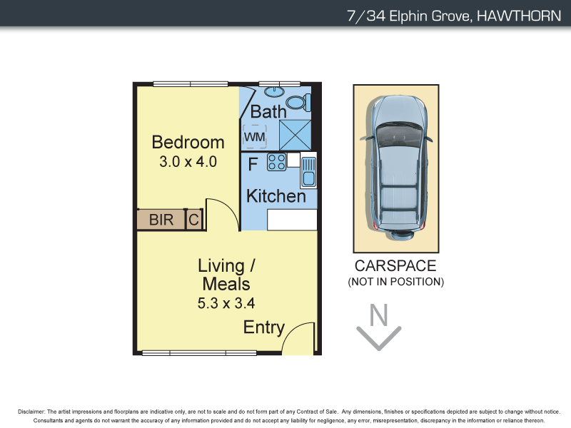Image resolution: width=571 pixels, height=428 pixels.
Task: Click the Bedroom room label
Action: coord(188,142)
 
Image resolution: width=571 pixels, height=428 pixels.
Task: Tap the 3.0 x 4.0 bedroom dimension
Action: coord(188,161)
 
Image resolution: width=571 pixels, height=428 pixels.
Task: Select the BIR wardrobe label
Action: coord(161,220)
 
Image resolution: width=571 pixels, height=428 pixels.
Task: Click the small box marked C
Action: coord(193,220)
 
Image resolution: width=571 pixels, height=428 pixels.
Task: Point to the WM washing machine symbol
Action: coord(254,136)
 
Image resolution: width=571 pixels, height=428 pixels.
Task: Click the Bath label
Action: coord(268,112)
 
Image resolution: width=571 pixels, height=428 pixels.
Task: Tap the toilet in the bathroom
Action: coord(298,103)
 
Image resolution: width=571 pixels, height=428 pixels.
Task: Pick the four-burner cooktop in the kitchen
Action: coord(276,163)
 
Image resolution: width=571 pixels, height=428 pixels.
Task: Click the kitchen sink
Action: coord(308,171)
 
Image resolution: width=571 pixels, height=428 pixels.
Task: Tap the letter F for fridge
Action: coord(253,164)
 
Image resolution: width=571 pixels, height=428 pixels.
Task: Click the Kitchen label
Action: coord(276,196)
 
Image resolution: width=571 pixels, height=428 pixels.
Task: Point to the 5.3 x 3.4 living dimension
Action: coord(226,303)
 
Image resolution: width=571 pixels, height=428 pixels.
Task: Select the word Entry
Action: coord(263,327)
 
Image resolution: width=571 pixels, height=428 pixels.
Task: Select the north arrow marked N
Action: coord(379,327)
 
